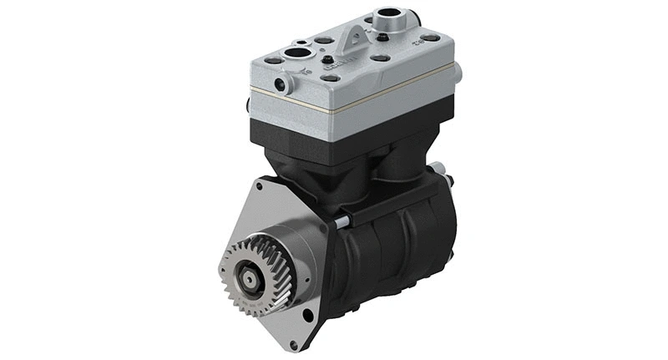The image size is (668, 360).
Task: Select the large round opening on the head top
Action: [296, 54]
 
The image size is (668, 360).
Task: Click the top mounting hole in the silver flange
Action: [260, 187]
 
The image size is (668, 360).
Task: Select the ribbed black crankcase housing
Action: [392, 251]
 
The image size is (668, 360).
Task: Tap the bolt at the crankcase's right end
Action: [448, 180]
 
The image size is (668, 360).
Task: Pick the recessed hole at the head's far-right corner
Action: [431, 38]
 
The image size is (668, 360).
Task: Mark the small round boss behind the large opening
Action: [298, 41]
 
